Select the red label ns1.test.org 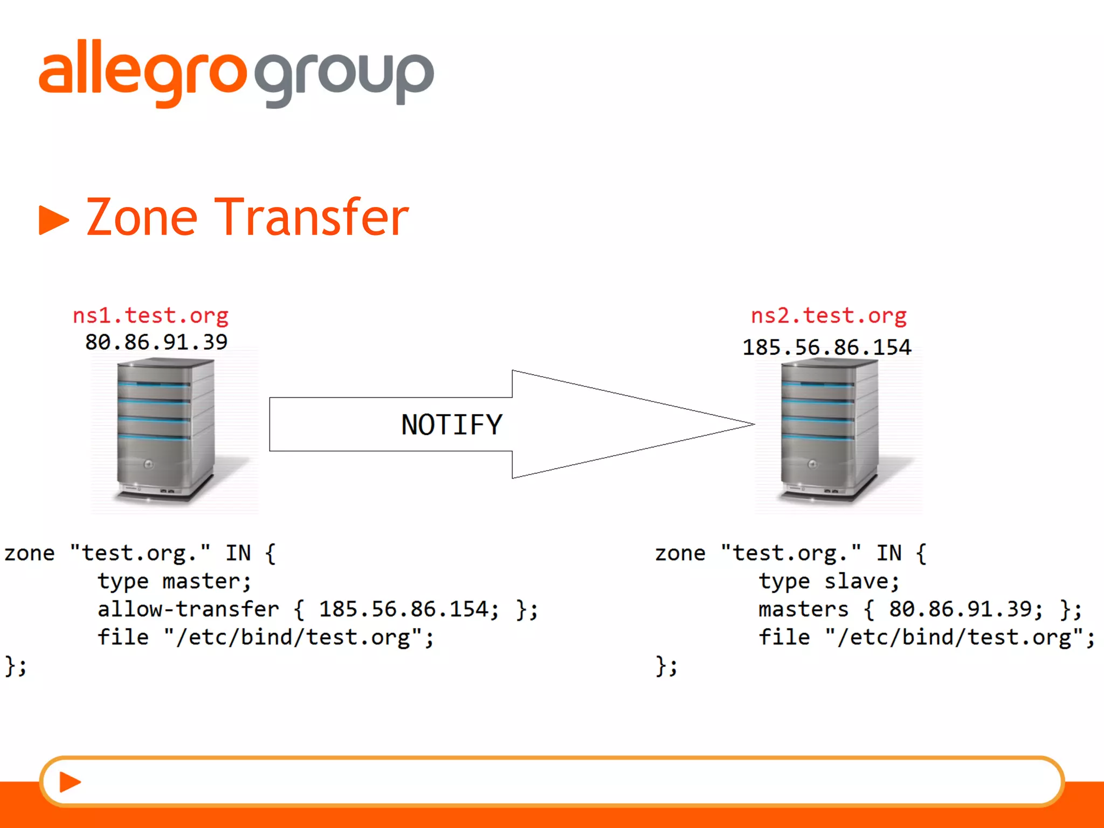click(x=150, y=315)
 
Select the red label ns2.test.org click(x=829, y=315)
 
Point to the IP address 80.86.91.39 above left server click(x=156, y=342)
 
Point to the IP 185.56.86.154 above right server click(x=826, y=347)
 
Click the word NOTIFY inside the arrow click(x=452, y=425)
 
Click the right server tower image click(x=829, y=431)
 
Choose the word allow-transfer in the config click(x=188, y=609)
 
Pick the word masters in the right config click(x=803, y=609)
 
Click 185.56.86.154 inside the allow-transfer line click(x=409, y=609)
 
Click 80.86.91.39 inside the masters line click(x=965, y=609)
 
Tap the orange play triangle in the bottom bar click(x=70, y=782)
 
